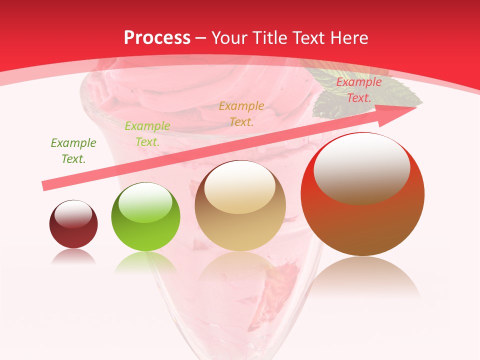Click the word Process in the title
coord(157,38)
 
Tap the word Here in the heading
coord(349,38)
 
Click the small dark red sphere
coord(73,224)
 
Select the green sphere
coord(145,217)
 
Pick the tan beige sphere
coord(240,206)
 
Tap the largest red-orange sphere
coord(362,195)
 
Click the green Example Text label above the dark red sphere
coord(73,151)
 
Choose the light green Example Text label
coord(147,134)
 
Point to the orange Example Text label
coord(241,113)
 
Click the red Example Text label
coord(358,90)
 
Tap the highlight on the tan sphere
coord(239,187)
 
